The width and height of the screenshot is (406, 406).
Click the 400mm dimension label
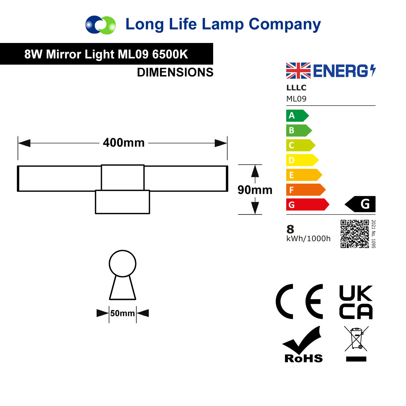[123, 143]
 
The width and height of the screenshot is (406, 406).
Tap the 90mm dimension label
[255, 190]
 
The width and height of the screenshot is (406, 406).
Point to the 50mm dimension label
[122, 313]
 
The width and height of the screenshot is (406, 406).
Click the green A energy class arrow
[297, 115]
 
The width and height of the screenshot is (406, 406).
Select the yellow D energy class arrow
[302, 160]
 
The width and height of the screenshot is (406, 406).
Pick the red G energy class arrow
[308, 204]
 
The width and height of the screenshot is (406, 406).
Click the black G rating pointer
[360, 204]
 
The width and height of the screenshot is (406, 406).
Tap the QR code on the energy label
[355, 234]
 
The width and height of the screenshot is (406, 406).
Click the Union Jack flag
[298, 71]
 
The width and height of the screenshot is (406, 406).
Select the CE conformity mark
[299, 301]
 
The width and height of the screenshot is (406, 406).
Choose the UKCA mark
[356, 302]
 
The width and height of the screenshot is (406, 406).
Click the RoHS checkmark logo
[302, 344]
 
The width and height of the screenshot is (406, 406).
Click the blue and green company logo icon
[100, 25]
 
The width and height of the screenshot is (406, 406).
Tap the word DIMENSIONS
[175, 72]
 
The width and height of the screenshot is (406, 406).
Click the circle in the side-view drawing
[122, 264]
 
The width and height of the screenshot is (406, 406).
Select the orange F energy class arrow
[306, 189]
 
